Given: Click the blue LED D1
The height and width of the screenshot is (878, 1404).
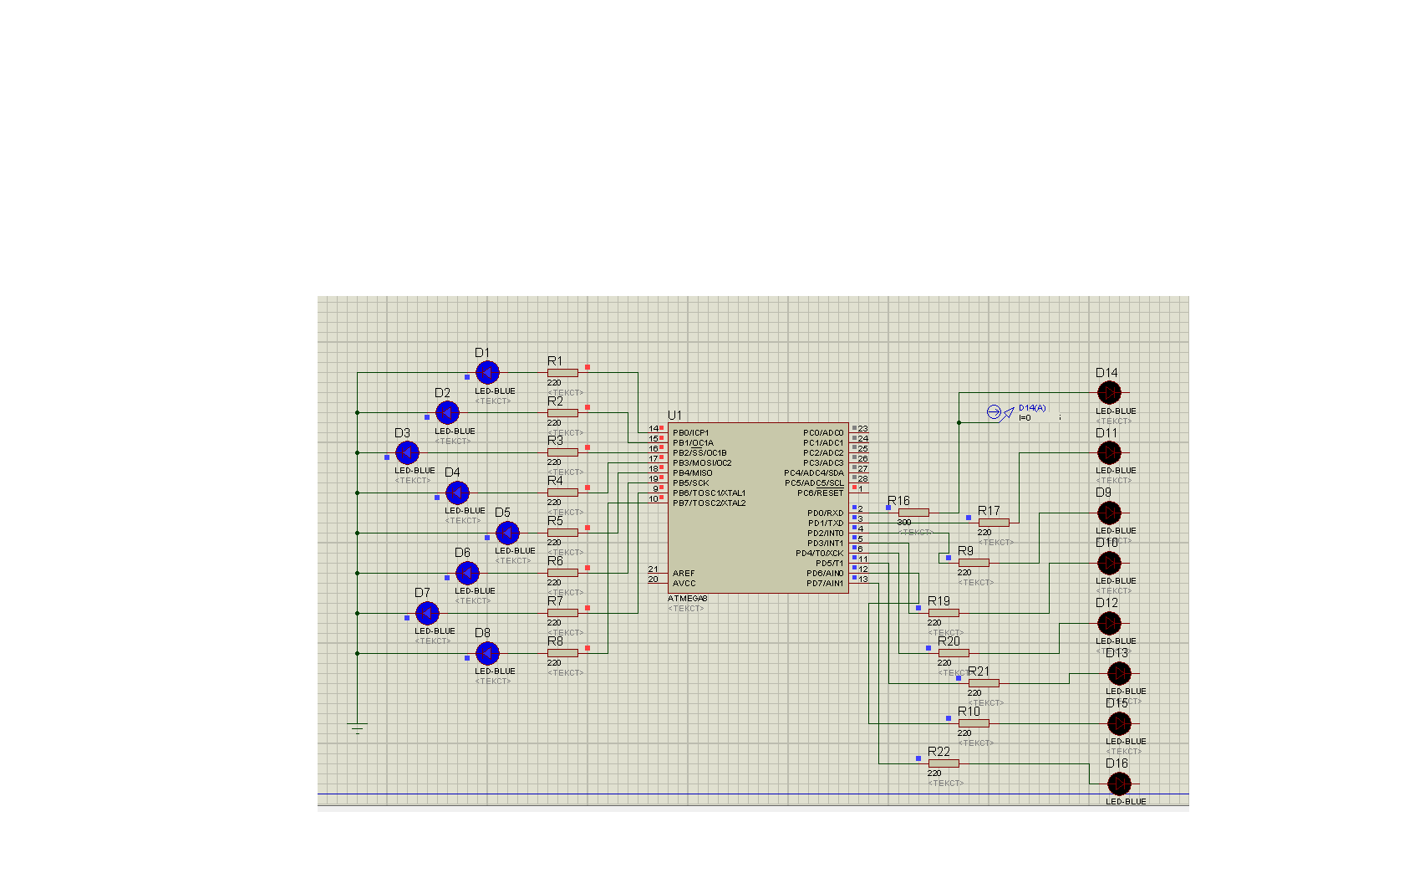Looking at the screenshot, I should (x=487, y=372).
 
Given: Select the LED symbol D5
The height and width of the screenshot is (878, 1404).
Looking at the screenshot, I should (x=507, y=533).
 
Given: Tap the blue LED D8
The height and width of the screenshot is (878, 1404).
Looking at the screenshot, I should (x=487, y=653).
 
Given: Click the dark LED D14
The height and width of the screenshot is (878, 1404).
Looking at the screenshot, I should (x=1109, y=392).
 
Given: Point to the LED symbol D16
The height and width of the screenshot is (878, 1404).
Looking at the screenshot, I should (x=1119, y=784).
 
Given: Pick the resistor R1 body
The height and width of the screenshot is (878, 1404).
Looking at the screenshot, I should (x=562, y=373).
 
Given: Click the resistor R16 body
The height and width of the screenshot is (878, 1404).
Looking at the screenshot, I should (x=913, y=513).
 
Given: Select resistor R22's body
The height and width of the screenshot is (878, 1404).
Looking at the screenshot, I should (x=944, y=763).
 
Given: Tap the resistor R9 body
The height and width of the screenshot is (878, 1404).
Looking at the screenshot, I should (x=974, y=563).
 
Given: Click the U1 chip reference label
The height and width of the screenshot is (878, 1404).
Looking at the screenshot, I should (x=674, y=416).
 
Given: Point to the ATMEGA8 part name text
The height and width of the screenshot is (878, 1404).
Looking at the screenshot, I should (x=688, y=599).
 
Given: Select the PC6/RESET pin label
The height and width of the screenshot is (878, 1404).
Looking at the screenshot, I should (x=820, y=493).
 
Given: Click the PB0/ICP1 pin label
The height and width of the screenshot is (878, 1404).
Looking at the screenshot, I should (x=690, y=433).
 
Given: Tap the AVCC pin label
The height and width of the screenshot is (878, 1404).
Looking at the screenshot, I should (x=684, y=584).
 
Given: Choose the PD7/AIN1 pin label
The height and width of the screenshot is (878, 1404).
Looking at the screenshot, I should (x=825, y=584).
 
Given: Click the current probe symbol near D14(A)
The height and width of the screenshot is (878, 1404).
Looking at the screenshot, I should (x=994, y=412).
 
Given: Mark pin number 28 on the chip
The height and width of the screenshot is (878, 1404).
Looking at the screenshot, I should (x=862, y=479).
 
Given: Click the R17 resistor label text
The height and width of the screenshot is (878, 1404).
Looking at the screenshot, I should (x=989, y=511).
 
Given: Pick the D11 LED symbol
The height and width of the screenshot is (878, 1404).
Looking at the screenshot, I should (x=1109, y=452).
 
